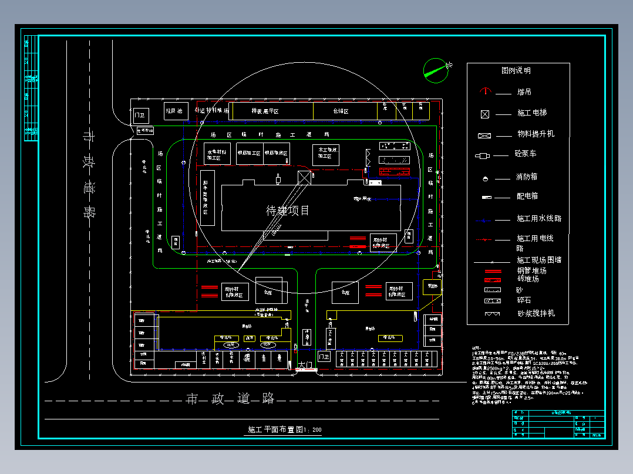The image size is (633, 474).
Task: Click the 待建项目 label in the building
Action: [288, 211]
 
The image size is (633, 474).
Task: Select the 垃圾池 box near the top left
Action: [174, 111]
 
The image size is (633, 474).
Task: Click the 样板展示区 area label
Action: [265, 111]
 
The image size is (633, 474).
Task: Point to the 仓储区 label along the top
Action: [341, 111]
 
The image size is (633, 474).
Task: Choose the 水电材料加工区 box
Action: [217, 154]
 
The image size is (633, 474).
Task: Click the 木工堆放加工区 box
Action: [325, 153]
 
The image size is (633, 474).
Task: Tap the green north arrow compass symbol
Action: [435, 69]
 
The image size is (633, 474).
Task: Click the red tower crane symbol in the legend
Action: [485, 92]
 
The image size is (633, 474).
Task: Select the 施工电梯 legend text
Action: [531, 113]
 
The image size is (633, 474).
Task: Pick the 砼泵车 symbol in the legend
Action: [483, 155]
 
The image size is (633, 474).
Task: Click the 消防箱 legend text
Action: [527, 177]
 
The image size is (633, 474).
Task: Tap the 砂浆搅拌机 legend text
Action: [536, 313]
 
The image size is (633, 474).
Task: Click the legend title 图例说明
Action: [516, 70]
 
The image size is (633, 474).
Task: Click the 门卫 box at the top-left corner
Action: [140, 115]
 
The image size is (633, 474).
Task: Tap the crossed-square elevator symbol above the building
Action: [304, 177]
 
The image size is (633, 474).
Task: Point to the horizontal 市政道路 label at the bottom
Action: [230, 399]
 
